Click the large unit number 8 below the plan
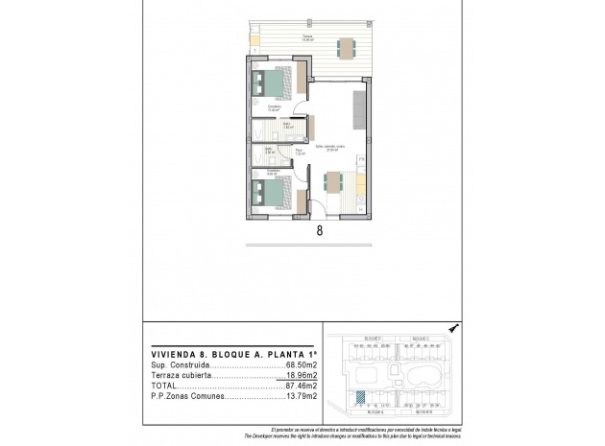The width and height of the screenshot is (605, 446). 318,230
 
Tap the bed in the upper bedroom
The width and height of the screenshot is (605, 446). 270,83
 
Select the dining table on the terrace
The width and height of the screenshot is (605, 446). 345,46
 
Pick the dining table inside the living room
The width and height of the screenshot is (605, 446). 334,182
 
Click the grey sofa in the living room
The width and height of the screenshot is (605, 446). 358,108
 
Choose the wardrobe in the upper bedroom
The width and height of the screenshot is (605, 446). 301,76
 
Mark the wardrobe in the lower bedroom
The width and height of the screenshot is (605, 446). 302,202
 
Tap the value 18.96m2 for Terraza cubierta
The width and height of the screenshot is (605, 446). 298,377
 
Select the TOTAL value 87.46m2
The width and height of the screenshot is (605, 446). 298,387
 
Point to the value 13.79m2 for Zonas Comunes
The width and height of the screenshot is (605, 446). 298,396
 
